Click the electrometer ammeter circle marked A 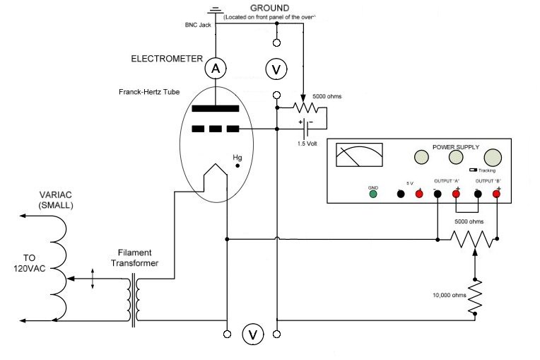tap(215, 68)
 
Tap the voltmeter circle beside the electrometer tap(276, 69)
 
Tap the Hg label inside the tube tap(237, 156)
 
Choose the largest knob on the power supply tap(492, 158)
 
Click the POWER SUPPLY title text tap(456, 147)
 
